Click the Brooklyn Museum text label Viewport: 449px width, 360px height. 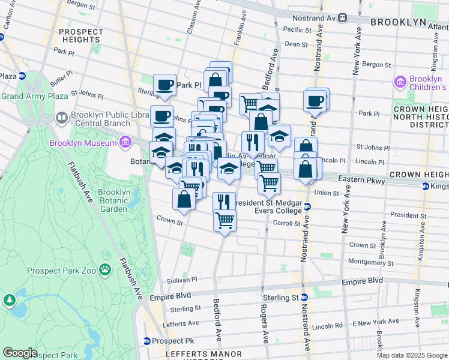click(x=83, y=143)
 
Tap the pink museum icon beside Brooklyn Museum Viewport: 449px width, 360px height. click(x=125, y=142)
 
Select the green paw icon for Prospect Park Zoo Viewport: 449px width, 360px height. click(x=106, y=270)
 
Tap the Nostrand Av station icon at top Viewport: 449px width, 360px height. click(x=343, y=18)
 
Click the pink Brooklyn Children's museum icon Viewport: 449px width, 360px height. click(x=400, y=81)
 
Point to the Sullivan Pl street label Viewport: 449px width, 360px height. click(x=182, y=280)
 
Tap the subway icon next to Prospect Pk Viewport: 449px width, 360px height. click(x=146, y=341)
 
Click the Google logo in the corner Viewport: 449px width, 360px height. click(x=19, y=353)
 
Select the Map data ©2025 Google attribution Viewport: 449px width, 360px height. click(x=411, y=355)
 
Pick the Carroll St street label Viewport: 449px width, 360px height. click(x=286, y=223)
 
